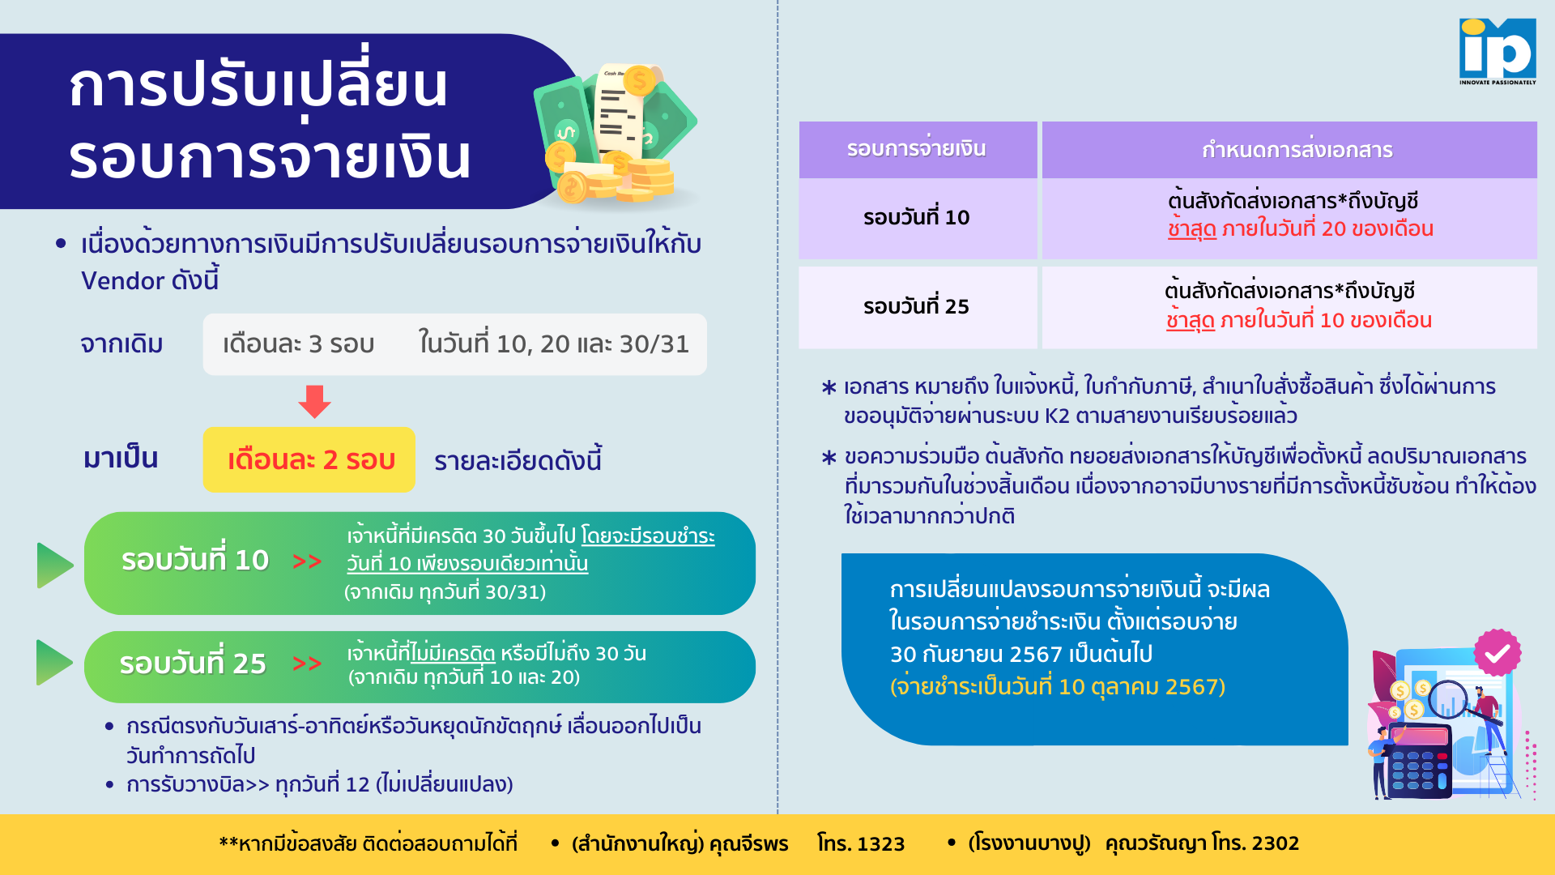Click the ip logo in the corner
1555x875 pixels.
(1497, 51)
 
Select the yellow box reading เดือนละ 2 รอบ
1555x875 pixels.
(309, 459)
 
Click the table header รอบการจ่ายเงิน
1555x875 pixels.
(917, 149)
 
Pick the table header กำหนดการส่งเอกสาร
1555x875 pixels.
(1297, 150)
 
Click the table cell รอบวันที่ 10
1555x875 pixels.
(916, 217)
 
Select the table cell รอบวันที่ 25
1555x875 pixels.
(916, 306)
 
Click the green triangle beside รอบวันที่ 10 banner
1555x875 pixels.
(55, 565)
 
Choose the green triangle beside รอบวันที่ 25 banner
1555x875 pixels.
(54, 662)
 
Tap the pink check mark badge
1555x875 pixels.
(1497, 653)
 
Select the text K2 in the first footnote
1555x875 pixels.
(1057, 416)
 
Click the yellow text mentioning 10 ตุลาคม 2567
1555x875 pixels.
(1058, 687)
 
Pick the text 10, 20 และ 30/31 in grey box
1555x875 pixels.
(592, 344)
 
